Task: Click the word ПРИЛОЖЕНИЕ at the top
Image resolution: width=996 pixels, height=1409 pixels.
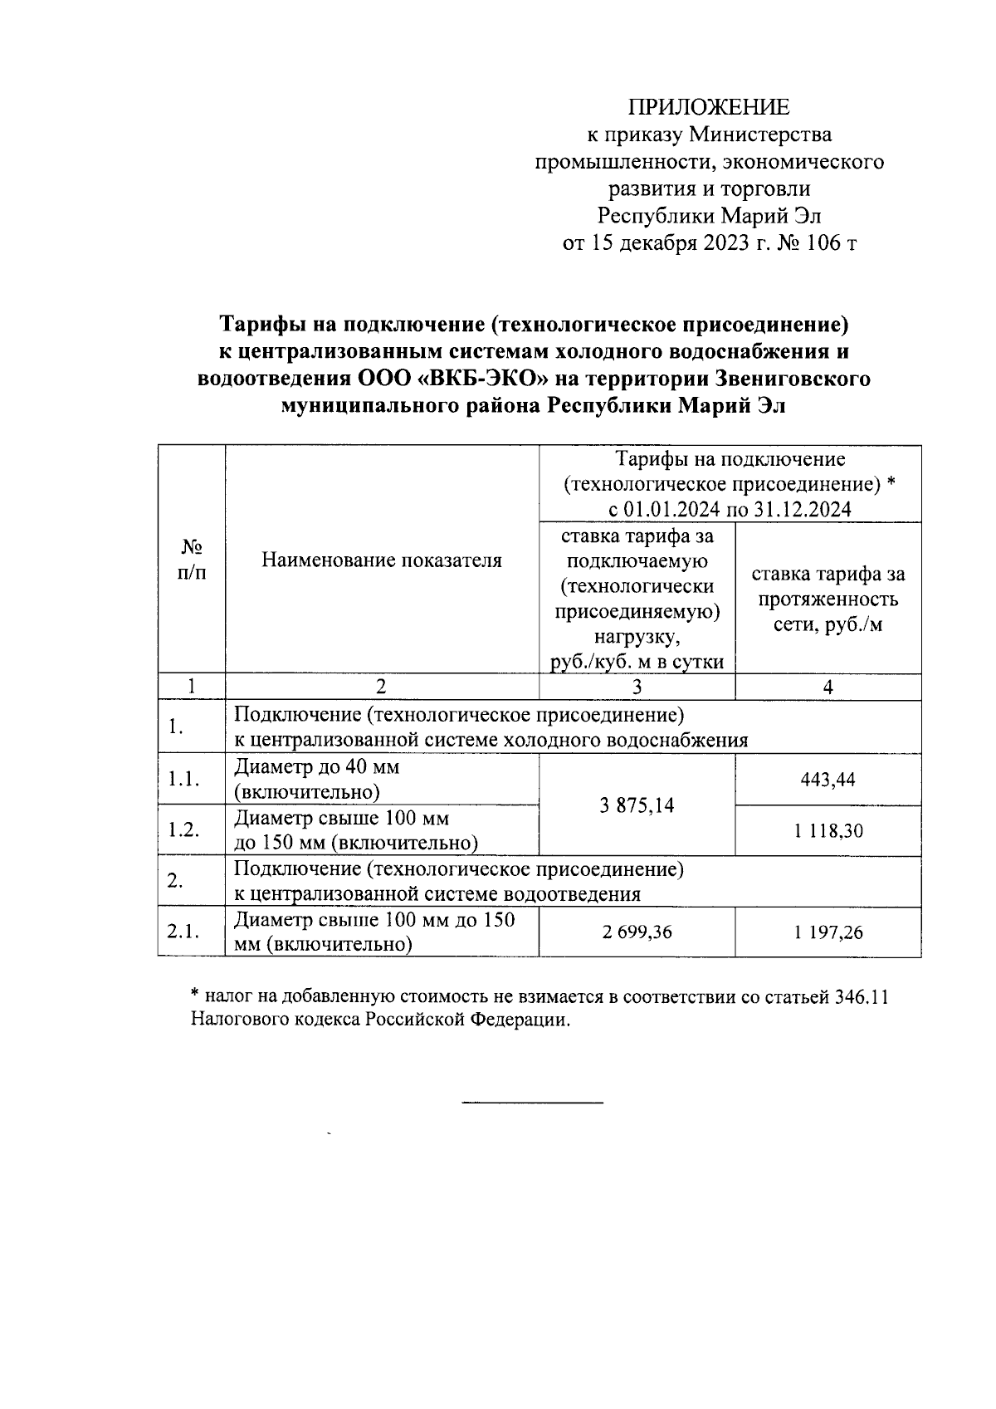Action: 709,107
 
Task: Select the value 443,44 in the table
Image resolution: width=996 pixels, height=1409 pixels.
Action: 828,780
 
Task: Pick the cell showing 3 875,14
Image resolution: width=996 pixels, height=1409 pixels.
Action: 637,805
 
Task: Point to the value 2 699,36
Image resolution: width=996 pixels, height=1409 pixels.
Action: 637,932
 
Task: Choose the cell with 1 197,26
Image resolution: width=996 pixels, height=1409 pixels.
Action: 828,932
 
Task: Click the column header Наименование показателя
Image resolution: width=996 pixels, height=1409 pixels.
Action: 382,560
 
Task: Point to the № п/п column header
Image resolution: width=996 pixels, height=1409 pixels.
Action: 192,560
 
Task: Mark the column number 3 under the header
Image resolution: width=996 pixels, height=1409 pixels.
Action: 637,687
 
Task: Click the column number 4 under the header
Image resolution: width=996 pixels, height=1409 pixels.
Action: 828,687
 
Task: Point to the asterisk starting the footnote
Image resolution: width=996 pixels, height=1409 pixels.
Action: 195,993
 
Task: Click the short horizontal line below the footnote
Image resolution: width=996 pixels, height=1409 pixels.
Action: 532,1102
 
